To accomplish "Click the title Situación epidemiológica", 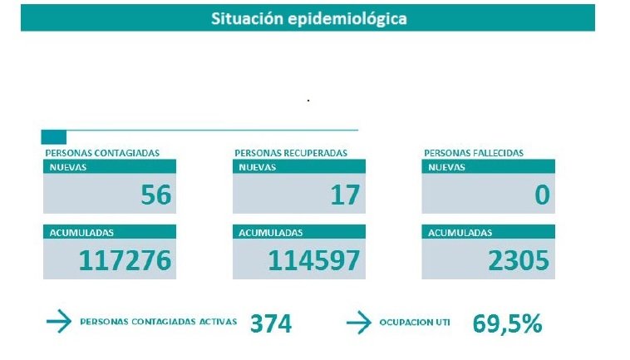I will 308,17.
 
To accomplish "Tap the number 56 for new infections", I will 155,195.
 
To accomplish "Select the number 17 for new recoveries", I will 345,195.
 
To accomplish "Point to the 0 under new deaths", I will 542,195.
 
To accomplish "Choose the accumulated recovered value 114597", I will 314,260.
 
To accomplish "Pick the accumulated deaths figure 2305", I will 518,260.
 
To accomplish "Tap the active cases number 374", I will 271,323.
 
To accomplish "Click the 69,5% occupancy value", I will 507,323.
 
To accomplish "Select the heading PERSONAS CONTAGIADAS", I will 102,153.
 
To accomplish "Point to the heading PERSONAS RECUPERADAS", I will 291,153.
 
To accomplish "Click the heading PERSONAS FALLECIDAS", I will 474,153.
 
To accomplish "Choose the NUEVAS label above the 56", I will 67,166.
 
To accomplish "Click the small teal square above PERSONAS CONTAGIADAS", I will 53,137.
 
